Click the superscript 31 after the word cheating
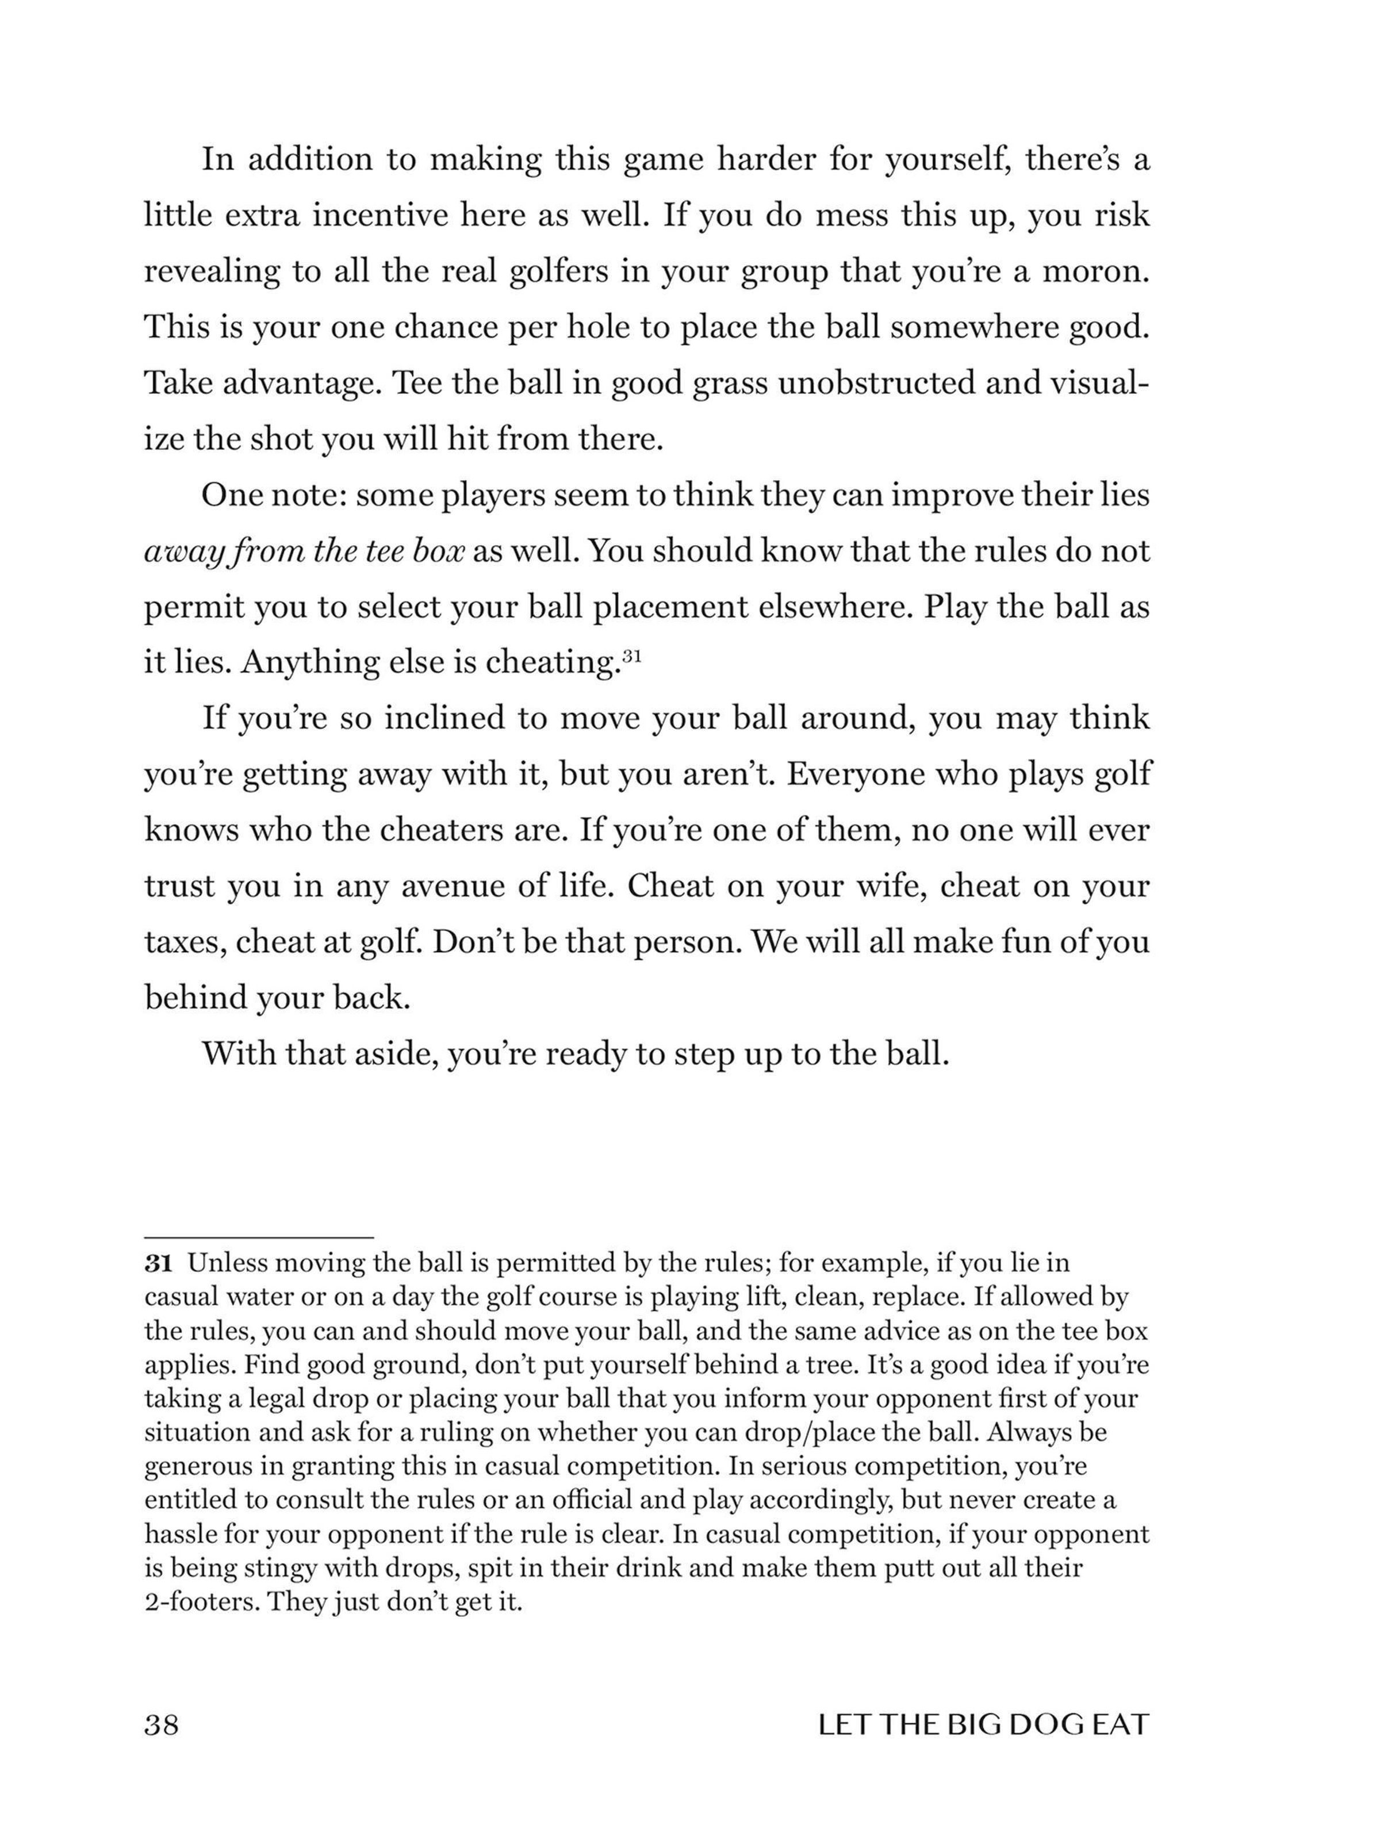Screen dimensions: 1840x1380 tap(631, 656)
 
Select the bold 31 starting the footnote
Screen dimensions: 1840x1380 tap(158, 1263)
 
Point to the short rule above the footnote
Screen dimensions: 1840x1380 tap(258, 1238)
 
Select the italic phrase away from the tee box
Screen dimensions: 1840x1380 tap(304, 551)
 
